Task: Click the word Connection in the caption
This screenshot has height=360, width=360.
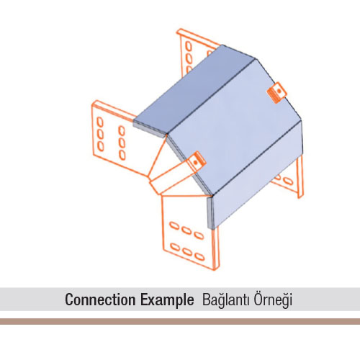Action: pyautogui.click(x=100, y=300)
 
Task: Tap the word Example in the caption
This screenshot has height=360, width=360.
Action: pyautogui.click(x=167, y=300)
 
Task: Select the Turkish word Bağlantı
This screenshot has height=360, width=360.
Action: pyautogui.click(x=226, y=300)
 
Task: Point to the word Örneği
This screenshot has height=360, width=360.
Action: pyautogui.click(x=273, y=300)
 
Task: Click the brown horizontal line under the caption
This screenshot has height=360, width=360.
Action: pyautogui.click(x=180, y=321)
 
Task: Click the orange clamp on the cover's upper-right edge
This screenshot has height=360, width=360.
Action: pyautogui.click(x=277, y=93)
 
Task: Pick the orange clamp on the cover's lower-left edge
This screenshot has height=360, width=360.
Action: pyautogui.click(x=197, y=161)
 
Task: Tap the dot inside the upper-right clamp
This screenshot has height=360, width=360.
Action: pyautogui.click(x=279, y=91)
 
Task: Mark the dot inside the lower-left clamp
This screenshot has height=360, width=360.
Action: pyautogui.click(x=196, y=163)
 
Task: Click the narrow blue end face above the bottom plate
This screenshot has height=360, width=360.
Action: pyautogui.click(x=210, y=212)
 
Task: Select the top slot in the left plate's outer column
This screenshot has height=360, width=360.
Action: pyautogui.click(x=100, y=122)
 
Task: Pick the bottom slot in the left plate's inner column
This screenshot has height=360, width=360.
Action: pyautogui.click(x=122, y=155)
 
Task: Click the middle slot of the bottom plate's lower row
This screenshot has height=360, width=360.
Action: pyautogui.click(x=187, y=252)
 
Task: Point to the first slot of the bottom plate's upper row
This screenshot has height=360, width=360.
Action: pyautogui.click(x=174, y=226)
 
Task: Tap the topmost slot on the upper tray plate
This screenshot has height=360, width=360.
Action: pyautogui.click(x=189, y=46)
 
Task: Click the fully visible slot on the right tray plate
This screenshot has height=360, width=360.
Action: pyautogui.click(x=288, y=181)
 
